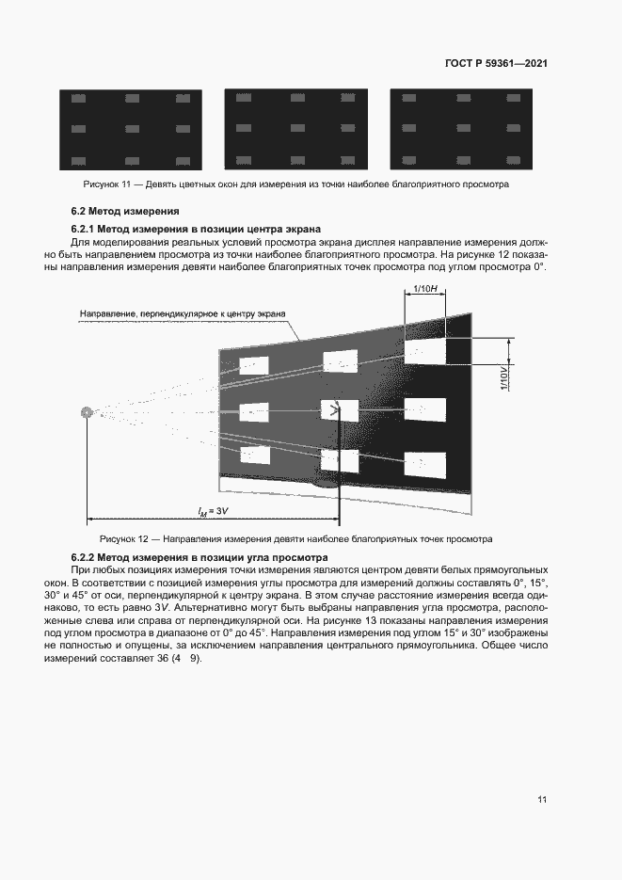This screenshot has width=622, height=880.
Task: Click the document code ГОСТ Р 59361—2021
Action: [x=496, y=64]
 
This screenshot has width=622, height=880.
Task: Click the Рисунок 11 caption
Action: [x=295, y=184]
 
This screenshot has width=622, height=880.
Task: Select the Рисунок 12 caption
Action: [x=296, y=539]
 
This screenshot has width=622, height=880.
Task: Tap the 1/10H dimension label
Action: [x=424, y=290]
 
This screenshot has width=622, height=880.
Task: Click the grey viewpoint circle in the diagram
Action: [x=88, y=411]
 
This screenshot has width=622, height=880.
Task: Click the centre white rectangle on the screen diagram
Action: [x=340, y=410]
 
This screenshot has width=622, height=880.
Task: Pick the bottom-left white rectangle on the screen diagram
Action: [x=254, y=455]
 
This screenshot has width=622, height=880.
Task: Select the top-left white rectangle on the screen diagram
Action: [x=254, y=365]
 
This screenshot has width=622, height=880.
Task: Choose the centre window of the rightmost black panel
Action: [x=461, y=128]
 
